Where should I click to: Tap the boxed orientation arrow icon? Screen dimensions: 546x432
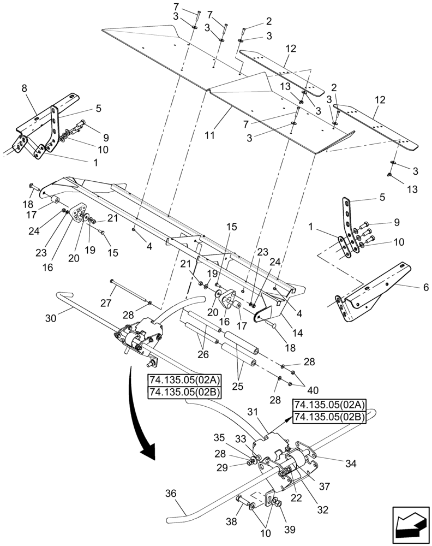411,525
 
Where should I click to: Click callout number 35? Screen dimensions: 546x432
218,437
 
